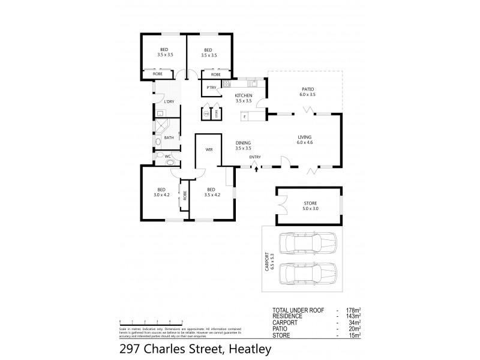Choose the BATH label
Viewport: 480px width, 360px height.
tap(169, 138)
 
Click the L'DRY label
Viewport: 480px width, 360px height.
tap(169, 102)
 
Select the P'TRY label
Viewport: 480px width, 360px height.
tap(211, 89)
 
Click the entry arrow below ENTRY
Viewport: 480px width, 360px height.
tap(256, 169)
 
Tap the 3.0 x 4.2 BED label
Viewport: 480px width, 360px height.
tap(163, 193)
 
